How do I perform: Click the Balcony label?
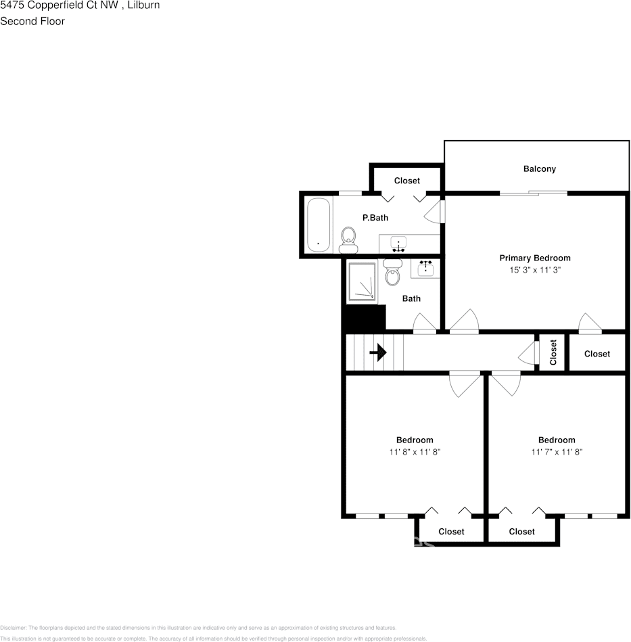tap(539, 169)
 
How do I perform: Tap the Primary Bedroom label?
tap(534, 258)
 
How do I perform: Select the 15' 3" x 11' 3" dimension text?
tap(535, 270)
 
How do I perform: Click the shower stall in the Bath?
tap(362, 281)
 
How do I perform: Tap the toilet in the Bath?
tap(392, 274)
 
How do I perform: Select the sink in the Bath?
tap(425, 269)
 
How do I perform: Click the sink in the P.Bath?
tap(400, 244)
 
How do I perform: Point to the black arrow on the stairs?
tap(377, 352)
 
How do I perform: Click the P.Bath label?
tap(375, 218)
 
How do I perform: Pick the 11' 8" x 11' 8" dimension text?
tap(414, 452)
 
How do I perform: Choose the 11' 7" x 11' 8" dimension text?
tap(556, 452)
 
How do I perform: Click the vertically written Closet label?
tap(553, 352)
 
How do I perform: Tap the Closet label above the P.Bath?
tap(406, 181)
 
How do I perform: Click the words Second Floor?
tap(32, 21)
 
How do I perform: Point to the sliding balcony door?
tap(534, 194)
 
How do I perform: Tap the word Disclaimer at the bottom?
tap(13, 628)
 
